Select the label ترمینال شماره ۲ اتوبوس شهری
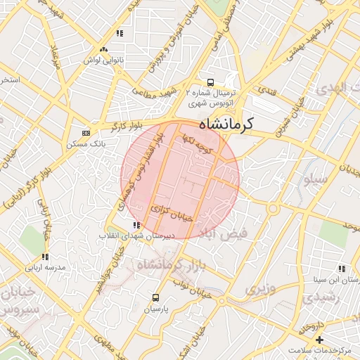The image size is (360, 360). (212, 97)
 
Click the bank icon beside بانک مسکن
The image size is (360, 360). (86, 132)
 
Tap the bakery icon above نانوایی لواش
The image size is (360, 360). (104, 49)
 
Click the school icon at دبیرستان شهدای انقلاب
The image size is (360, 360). (136, 225)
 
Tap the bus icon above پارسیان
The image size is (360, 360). (155, 297)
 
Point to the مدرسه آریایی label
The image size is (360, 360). (44, 268)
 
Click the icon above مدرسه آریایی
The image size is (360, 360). (44, 257)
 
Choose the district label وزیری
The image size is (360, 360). (257, 288)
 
